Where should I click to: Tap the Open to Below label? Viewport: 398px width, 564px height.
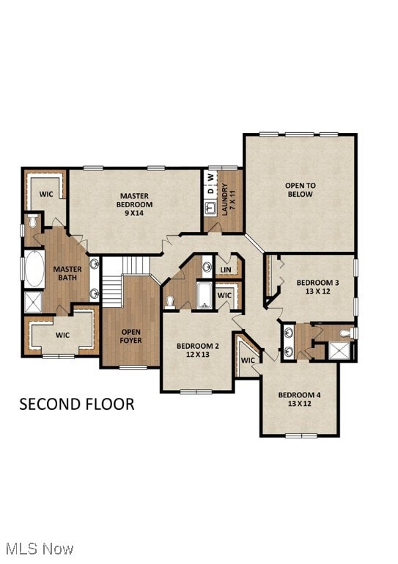tap(301, 190)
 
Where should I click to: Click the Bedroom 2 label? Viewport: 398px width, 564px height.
tap(198, 350)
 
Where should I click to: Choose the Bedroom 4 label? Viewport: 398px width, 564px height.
tap(300, 399)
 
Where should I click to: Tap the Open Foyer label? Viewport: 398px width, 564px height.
tap(131, 336)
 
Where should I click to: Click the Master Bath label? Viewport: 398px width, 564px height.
tap(67, 273)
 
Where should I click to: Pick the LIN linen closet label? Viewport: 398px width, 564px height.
tap(226, 270)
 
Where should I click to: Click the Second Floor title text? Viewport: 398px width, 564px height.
tap(77, 405)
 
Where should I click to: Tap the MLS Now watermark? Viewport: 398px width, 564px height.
tap(40, 549)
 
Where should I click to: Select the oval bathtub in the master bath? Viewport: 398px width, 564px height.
tap(34, 269)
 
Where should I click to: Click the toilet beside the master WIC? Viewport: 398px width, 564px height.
tap(33, 220)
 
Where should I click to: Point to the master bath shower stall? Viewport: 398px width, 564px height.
tap(33, 302)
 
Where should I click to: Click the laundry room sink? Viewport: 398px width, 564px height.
tap(210, 208)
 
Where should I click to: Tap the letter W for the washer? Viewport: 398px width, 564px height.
tap(211, 177)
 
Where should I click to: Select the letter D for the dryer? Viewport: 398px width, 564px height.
tap(211, 191)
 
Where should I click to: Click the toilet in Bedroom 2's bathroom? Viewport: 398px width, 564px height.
tap(170, 302)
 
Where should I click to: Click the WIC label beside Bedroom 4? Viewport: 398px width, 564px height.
tap(248, 360)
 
